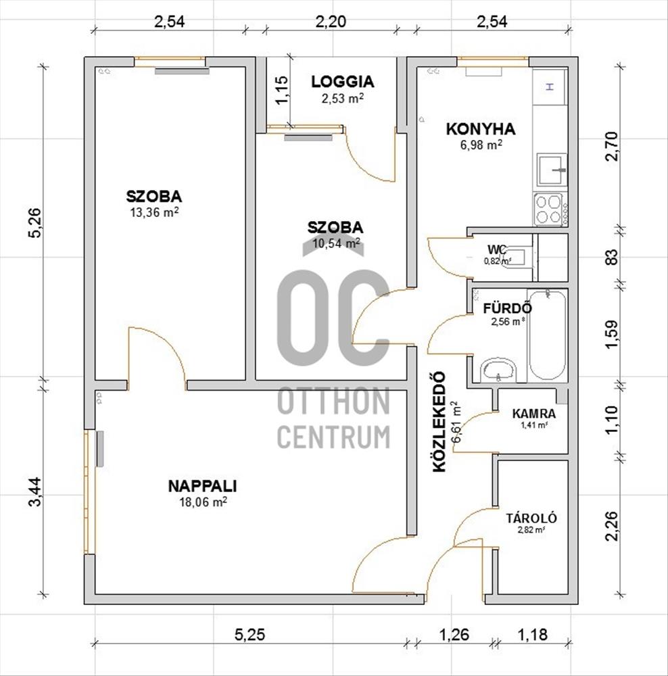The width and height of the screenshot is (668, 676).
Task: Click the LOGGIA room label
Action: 343,82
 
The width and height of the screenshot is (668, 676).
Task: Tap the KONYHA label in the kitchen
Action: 481,129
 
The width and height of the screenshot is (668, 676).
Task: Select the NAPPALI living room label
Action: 202,486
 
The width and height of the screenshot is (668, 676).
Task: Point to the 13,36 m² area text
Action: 154,212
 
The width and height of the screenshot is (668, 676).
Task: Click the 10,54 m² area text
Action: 336,243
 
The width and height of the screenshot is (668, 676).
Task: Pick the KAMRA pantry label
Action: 534,414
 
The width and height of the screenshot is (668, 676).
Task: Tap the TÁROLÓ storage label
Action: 531,518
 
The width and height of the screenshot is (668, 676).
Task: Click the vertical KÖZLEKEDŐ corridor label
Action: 439,422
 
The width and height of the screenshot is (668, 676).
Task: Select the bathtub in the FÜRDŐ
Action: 547,335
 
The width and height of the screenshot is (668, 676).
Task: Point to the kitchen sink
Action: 552,170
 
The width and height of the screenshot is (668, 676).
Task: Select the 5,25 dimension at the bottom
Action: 249,635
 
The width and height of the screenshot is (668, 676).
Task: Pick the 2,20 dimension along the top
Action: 331,22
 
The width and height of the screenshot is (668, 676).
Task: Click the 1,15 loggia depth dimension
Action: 282,90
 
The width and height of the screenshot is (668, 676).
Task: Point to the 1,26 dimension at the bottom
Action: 454,635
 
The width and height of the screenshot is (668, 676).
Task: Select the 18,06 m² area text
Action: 203,502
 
